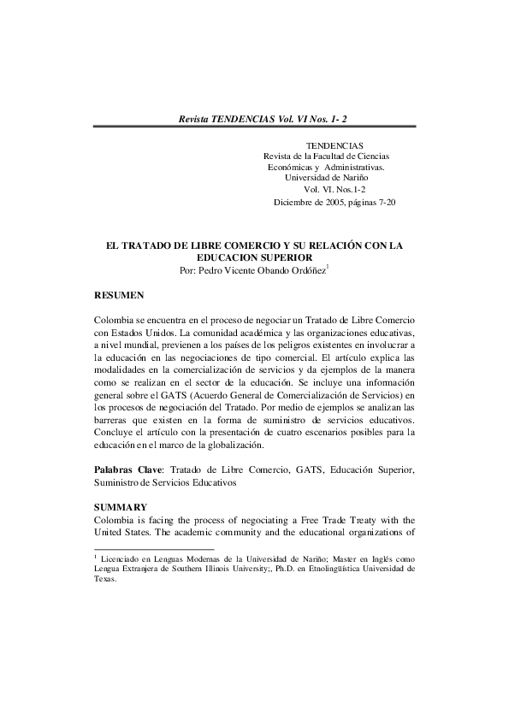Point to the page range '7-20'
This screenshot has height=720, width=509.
point(384,203)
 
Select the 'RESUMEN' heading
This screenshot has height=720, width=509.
point(119,294)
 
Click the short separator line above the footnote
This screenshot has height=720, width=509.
point(153,548)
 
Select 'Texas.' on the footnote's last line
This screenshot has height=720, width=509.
point(104,578)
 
